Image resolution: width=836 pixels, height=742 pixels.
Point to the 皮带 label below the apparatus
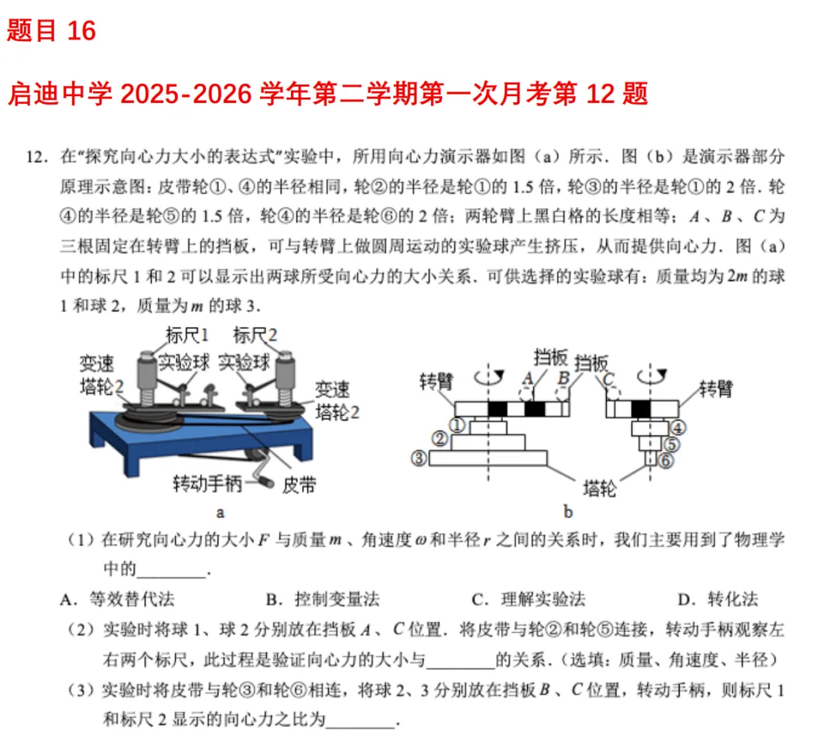pos(299,485)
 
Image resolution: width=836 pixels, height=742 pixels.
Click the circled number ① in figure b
pos(457,425)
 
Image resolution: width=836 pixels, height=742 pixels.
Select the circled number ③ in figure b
pos(419,459)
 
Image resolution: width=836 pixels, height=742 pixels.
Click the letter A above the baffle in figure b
pos(528,376)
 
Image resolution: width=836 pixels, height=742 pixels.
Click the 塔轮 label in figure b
pos(599,489)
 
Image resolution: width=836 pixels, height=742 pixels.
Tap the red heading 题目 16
pos(52,31)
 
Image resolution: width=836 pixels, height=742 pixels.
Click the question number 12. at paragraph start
pos(39,156)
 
